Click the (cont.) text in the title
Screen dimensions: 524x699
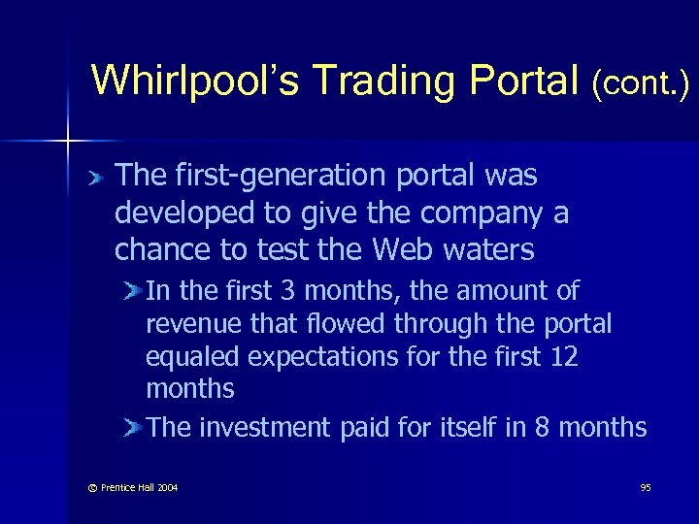641,84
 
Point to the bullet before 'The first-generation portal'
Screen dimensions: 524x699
94,178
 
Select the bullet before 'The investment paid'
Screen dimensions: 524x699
134,428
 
